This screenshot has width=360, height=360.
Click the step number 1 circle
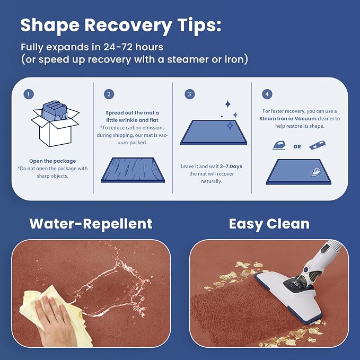tap(29, 94)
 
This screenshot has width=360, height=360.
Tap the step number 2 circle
tap(109, 94)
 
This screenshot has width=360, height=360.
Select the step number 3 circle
tap(190, 94)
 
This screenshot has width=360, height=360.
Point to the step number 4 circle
tap(267, 94)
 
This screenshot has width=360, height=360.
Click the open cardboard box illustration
tap(55, 124)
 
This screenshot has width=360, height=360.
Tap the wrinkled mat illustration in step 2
tap(133, 170)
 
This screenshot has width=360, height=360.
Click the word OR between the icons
tap(297, 146)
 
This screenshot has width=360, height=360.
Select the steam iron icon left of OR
tap(279, 146)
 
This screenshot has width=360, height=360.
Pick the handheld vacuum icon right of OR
tap(317, 145)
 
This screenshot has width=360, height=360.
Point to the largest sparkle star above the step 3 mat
tap(230, 126)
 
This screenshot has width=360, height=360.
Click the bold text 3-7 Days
tap(231, 166)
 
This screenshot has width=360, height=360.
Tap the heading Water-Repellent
tap(91, 224)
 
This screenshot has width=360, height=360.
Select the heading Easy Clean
tap(269, 224)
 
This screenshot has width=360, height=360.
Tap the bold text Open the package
tap(52, 161)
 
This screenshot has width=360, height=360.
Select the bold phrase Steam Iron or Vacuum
tap(288, 119)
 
